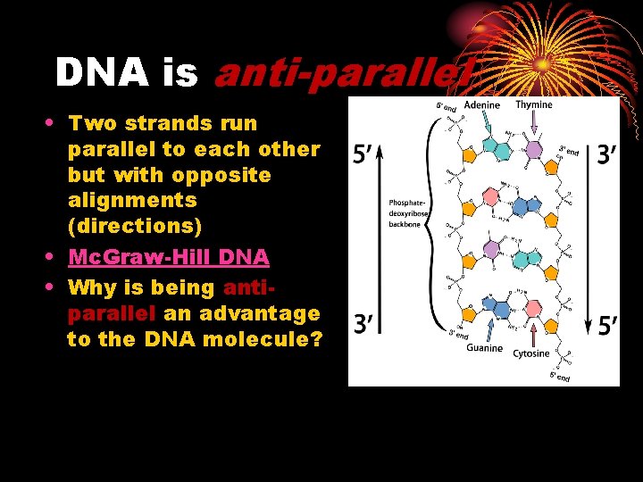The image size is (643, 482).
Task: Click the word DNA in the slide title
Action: [x=103, y=73]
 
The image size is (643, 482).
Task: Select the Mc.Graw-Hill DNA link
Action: [x=169, y=258]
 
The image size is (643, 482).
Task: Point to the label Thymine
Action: [x=533, y=105]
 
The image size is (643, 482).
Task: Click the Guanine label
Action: [x=484, y=347]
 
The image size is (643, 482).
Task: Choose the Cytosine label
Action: [x=531, y=353]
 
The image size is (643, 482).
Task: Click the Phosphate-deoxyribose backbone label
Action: [x=410, y=212]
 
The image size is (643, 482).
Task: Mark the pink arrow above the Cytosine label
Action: [x=533, y=331]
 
